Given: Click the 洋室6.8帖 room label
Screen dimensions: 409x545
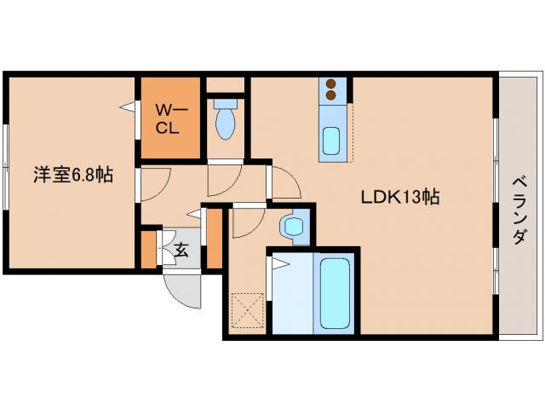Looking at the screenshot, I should pyautogui.click(x=73, y=176).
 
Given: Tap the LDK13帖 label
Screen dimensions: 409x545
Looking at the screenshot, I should pyautogui.click(x=399, y=198).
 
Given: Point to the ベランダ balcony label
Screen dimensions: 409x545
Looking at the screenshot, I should pyautogui.click(x=518, y=210).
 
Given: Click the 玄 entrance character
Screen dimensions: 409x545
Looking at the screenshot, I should pyautogui.click(x=181, y=251).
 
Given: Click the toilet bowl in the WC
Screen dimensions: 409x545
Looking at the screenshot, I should pyautogui.click(x=225, y=122).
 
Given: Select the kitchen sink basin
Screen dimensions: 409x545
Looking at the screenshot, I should pyautogui.click(x=331, y=138).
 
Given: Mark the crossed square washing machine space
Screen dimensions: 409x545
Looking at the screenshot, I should pyautogui.click(x=245, y=309).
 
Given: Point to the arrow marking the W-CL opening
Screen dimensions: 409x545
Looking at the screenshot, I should pyautogui.click(x=128, y=107).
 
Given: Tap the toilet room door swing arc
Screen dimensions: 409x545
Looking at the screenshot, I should pyautogui.click(x=223, y=180).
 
